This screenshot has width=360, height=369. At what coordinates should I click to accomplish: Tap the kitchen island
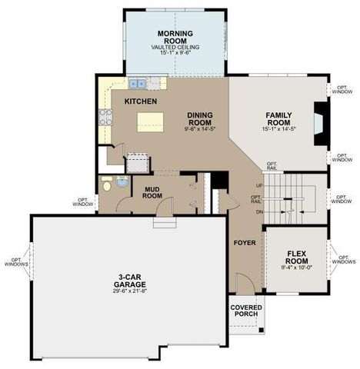click(150, 120)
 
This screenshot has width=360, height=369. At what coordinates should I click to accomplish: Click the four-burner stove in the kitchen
click(105, 117)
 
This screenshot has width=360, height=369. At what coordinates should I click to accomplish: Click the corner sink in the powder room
click(122, 182)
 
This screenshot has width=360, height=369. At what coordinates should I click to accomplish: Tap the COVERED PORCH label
click(245, 312)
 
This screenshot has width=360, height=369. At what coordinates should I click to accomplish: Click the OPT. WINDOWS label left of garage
click(15, 261)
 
